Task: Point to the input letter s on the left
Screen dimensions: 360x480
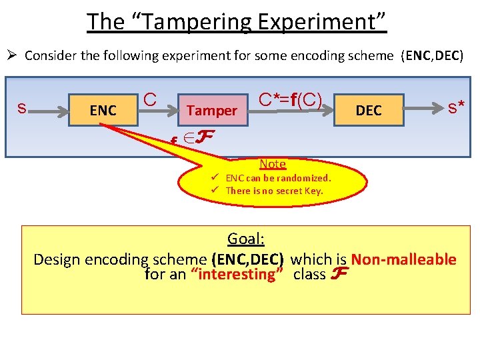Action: (x=22, y=107)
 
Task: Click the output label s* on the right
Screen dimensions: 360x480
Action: (x=456, y=106)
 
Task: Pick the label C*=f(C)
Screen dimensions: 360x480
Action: (x=290, y=100)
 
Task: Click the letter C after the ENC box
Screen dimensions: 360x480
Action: (x=150, y=100)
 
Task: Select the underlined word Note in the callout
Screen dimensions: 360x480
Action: (x=273, y=164)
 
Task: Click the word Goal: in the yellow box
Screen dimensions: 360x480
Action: (x=246, y=239)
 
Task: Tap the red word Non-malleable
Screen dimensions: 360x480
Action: (x=403, y=259)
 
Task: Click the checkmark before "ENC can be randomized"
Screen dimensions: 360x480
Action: (x=217, y=178)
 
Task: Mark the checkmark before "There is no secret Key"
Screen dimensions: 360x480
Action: (x=217, y=191)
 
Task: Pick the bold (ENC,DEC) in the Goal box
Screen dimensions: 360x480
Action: (x=247, y=259)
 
